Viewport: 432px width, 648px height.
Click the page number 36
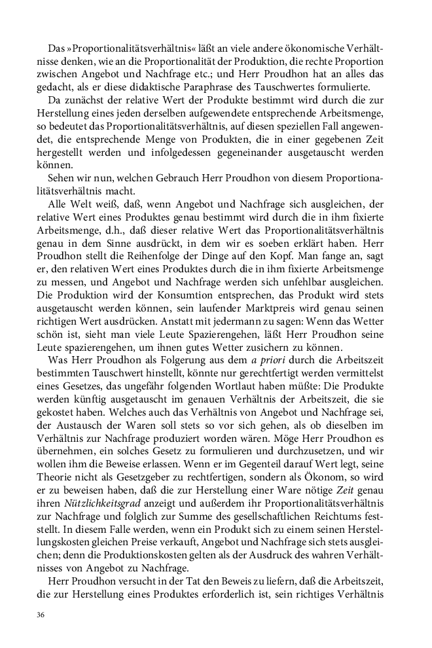41,615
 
